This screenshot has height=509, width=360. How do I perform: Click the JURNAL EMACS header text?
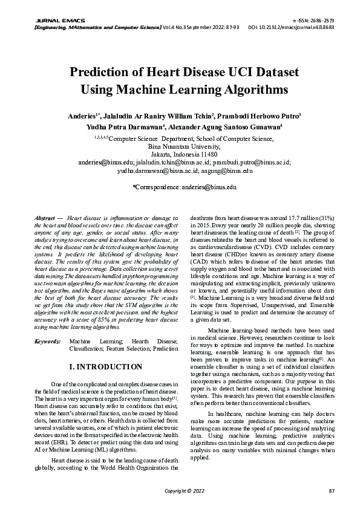(44, 20)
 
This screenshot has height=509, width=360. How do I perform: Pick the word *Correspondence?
(155, 187)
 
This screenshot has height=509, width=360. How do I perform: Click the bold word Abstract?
(45, 217)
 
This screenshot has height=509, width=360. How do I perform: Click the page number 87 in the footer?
(331, 490)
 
